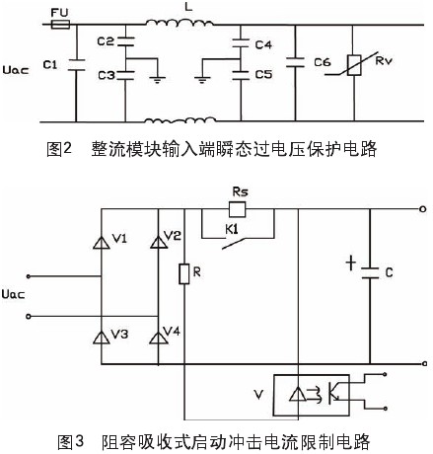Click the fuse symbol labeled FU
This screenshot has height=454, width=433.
60,25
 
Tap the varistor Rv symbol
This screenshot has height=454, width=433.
354,65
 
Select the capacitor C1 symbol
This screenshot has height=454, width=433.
76,65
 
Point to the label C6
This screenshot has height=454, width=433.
323,62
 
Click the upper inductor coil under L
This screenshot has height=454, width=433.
180,23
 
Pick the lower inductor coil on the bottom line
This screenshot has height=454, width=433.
180,120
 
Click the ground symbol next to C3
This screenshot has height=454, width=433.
158,79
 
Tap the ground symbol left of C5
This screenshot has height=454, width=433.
202,79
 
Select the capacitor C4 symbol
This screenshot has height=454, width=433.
241,43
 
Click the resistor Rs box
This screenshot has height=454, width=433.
237,209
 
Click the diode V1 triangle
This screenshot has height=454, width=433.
101,243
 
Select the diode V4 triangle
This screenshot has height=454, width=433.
159,338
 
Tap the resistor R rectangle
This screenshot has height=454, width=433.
184,273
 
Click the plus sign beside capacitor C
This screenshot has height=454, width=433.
351,264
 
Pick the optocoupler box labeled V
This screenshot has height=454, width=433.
311,395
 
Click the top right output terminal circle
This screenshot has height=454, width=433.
423,209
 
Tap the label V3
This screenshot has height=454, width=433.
119,335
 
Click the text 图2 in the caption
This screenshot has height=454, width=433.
59,149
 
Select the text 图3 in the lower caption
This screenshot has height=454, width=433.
70,441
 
